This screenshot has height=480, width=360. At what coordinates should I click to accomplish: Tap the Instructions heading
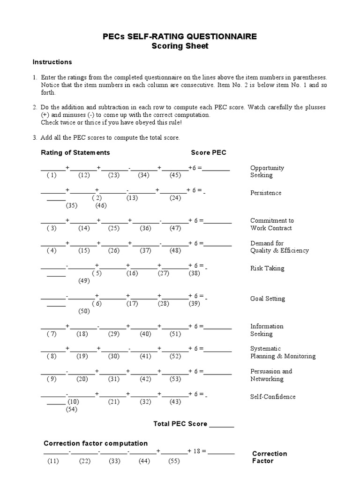(52, 62)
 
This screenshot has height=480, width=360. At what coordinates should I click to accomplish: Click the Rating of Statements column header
(75, 152)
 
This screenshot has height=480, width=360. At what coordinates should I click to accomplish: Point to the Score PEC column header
(209, 152)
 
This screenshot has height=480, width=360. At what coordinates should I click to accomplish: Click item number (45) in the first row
(175, 175)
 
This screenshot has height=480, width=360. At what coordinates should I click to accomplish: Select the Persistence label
(266, 193)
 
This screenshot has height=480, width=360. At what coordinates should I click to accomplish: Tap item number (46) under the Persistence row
(101, 205)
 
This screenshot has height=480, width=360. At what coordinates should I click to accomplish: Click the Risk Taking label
(267, 268)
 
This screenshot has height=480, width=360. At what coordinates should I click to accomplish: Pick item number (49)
(84, 281)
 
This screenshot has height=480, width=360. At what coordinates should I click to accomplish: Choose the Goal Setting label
(267, 299)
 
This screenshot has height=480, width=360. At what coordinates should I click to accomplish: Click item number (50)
(84, 311)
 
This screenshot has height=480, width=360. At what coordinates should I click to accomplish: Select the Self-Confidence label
(273, 397)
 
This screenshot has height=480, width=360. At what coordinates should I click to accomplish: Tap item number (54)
(71, 409)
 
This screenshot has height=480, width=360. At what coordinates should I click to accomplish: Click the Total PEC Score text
(180, 424)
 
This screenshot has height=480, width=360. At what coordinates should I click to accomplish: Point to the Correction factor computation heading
(96, 443)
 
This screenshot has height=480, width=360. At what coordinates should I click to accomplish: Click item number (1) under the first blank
(52, 175)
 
